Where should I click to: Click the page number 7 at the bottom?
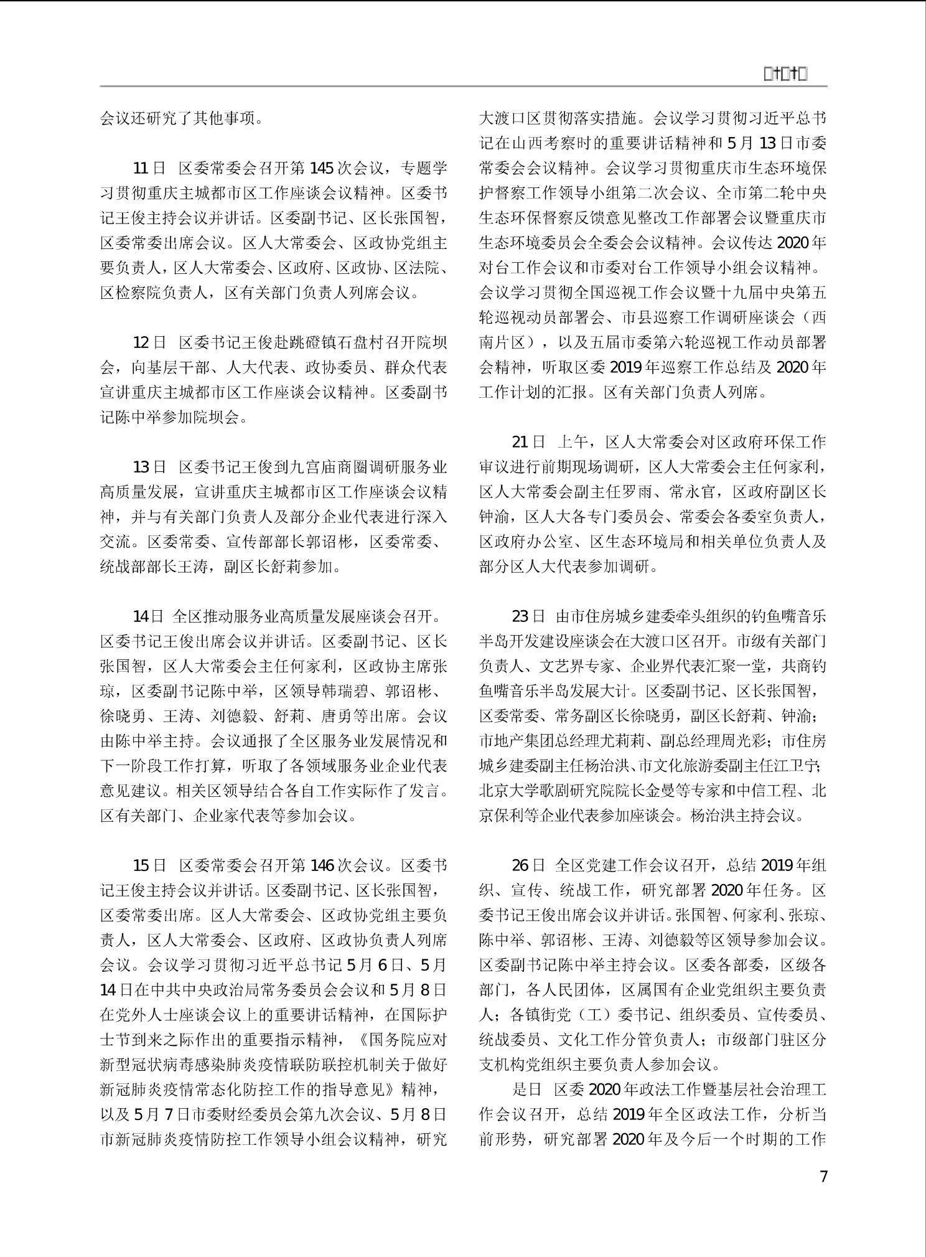[823, 1177]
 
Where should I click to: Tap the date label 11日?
[149, 168]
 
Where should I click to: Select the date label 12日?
[149, 343]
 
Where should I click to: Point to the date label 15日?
[149, 866]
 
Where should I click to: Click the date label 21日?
[528, 443]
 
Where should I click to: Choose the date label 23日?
[528, 617]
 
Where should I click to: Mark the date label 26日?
[528, 866]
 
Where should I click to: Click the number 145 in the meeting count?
[321, 168]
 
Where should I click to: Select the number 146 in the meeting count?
[321, 866]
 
